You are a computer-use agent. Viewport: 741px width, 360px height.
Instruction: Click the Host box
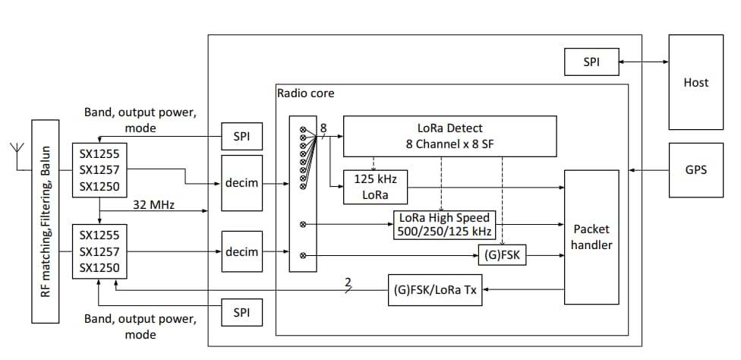tap(696, 82)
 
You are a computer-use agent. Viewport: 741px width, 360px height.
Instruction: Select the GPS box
tap(696, 170)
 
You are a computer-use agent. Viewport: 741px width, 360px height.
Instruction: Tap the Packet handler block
tap(591, 237)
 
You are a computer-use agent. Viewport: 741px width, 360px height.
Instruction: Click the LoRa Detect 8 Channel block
tap(449, 135)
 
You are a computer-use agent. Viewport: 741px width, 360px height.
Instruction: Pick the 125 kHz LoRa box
tap(376, 186)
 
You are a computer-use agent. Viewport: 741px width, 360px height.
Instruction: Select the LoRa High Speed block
tap(444, 225)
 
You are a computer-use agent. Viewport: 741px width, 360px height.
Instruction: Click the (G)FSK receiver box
tap(502, 256)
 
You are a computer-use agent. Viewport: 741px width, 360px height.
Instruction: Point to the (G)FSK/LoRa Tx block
tap(436, 289)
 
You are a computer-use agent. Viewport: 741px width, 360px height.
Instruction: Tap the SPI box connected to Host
tap(591, 62)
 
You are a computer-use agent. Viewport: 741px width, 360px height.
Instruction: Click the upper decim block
tap(241, 183)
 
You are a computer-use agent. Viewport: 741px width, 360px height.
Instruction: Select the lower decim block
tap(241, 251)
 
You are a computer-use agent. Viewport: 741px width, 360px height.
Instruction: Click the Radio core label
tap(305, 93)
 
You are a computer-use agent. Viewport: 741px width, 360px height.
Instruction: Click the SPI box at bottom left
tap(241, 312)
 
